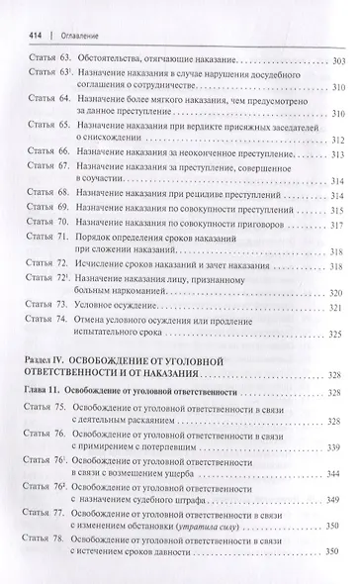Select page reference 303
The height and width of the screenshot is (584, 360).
(x=335, y=62)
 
